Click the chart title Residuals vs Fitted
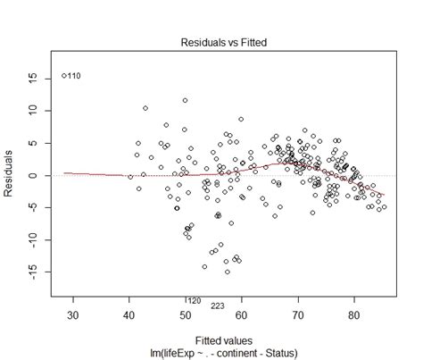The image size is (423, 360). tap(212, 42)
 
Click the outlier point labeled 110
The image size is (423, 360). tap(63, 76)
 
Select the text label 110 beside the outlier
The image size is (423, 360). tap(74, 77)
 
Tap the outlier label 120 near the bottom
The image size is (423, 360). tap(193, 300)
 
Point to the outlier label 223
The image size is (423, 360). tap(217, 306)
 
